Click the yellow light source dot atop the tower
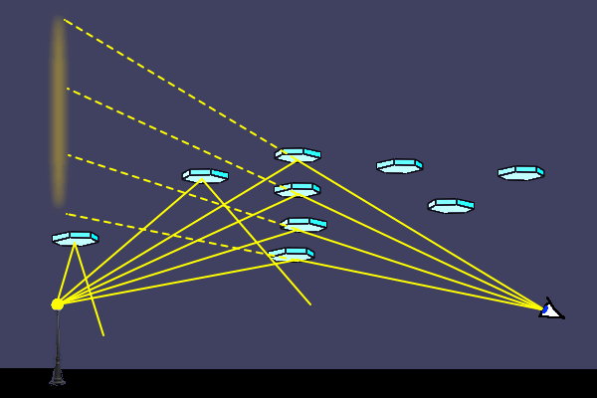click(58, 304)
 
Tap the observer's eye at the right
click(549, 310)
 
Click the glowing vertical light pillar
click(59, 109)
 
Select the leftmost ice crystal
click(76, 239)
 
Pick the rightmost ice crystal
click(520, 173)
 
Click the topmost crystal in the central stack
click(298, 155)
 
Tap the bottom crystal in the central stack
click(292, 255)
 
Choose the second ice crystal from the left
click(205, 176)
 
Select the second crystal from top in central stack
click(298, 189)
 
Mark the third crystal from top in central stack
click(303, 224)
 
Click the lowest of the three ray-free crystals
click(451, 206)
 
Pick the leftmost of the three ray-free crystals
click(399, 165)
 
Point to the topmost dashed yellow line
click(169, 82)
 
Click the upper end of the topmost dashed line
click(65, 20)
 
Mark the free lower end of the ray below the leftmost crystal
click(103, 335)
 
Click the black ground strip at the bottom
click(298, 384)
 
